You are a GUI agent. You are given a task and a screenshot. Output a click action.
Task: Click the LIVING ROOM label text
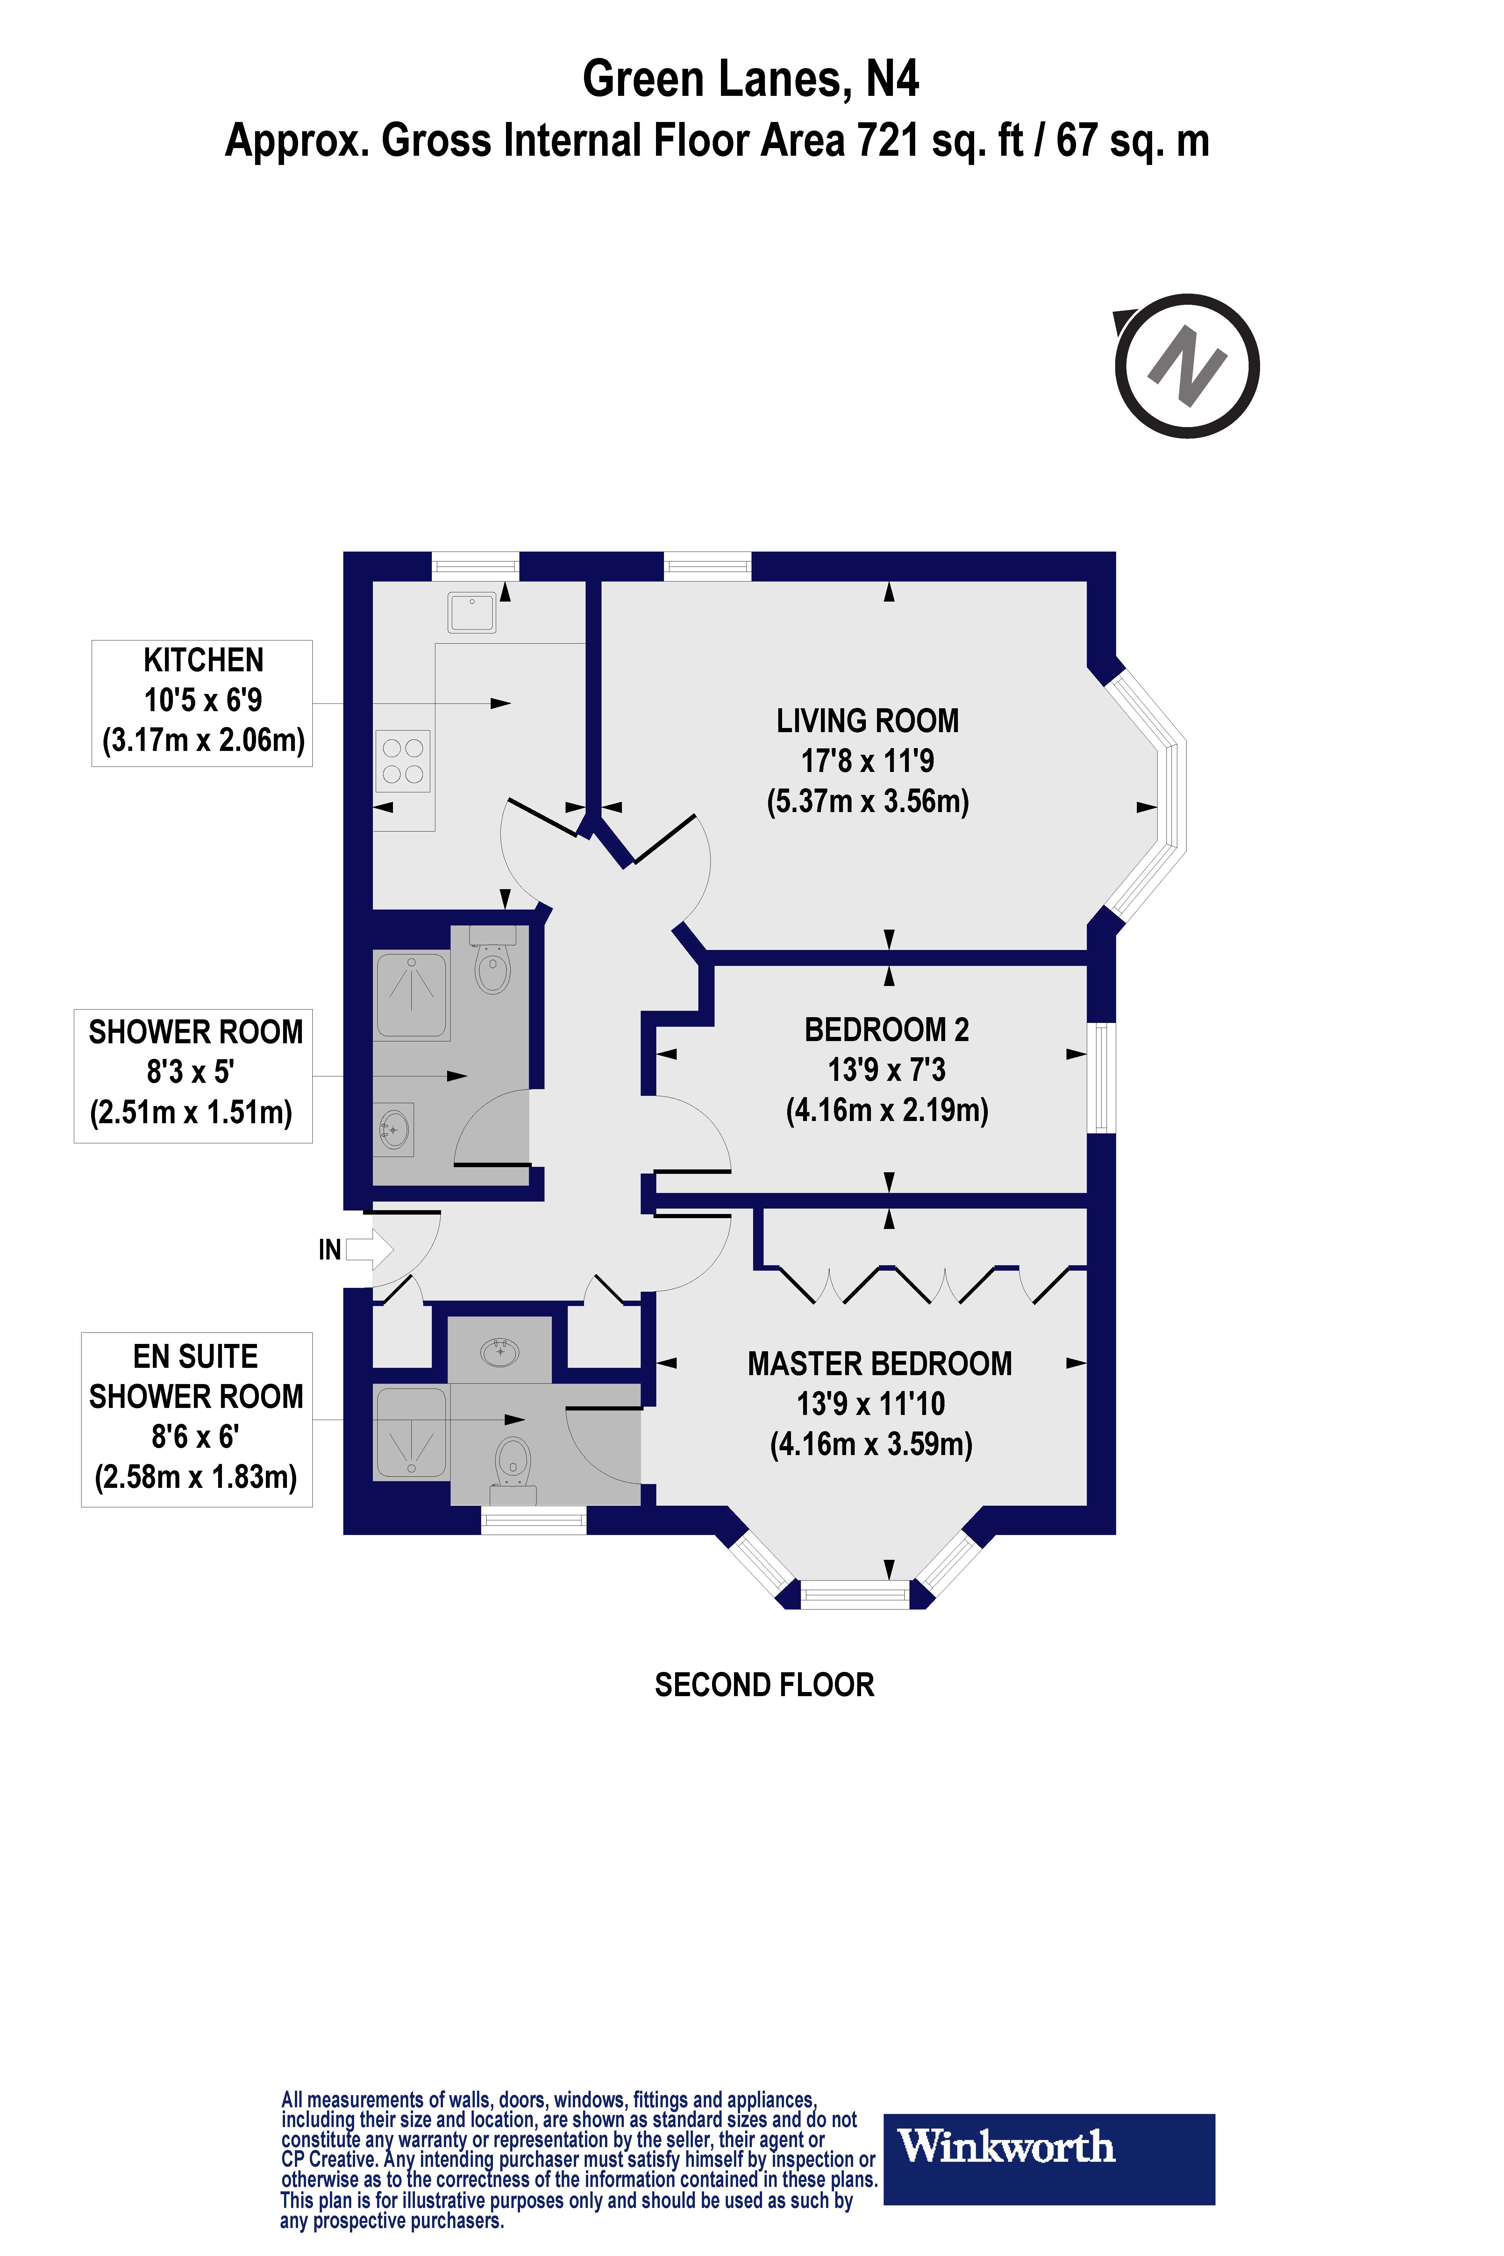[x=867, y=720]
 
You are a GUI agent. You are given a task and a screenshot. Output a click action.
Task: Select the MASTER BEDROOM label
[x=880, y=1363]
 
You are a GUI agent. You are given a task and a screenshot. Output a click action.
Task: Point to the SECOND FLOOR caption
[x=765, y=1684]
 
